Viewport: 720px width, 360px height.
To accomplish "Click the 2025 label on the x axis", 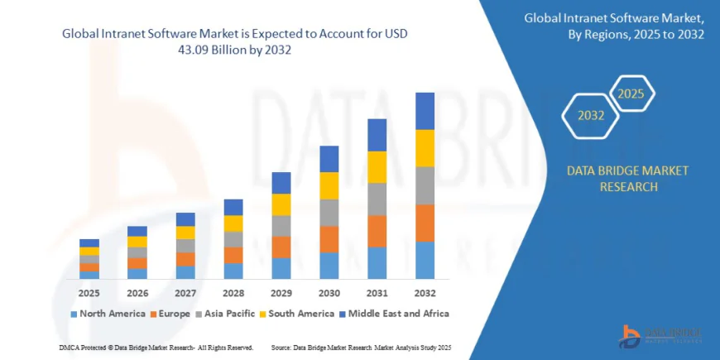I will pyautogui.click(x=89, y=293).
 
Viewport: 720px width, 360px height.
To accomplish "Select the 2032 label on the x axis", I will pyautogui.click(x=425, y=293).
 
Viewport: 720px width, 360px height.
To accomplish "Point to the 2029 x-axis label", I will pyautogui.click(x=281, y=293).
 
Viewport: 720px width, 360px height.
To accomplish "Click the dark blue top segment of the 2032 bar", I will pyautogui.click(x=425, y=111).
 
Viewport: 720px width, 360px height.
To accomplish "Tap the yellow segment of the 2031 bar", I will pyautogui.click(x=377, y=167).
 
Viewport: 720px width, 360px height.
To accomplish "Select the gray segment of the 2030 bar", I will pyautogui.click(x=329, y=213).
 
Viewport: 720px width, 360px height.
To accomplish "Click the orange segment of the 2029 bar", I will pyautogui.click(x=281, y=247).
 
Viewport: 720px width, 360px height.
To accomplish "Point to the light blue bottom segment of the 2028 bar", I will pyautogui.click(x=233, y=271).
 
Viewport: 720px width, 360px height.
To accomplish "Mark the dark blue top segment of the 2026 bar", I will pyautogui.click(x=137, y=231).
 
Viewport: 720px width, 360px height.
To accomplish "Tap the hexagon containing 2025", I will pyautogui.click(x=632, y=93).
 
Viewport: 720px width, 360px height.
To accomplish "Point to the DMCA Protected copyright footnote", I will pyautogui.click(x=156, y=347).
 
